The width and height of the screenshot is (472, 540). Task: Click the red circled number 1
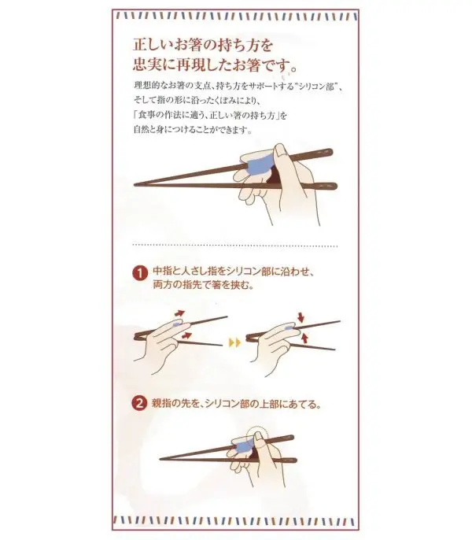(139, 273)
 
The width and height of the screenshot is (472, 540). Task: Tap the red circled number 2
(139, 405)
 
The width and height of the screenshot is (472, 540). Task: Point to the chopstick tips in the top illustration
(138, 184)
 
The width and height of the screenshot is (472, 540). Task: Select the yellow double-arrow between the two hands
(233, 342)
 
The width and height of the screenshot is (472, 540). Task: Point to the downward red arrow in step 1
(301, 316)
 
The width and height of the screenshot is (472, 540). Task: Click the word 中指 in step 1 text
(161, 272)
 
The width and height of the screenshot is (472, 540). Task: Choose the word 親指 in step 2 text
(161, 405)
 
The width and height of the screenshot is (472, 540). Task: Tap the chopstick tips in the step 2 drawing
(163, 459)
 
